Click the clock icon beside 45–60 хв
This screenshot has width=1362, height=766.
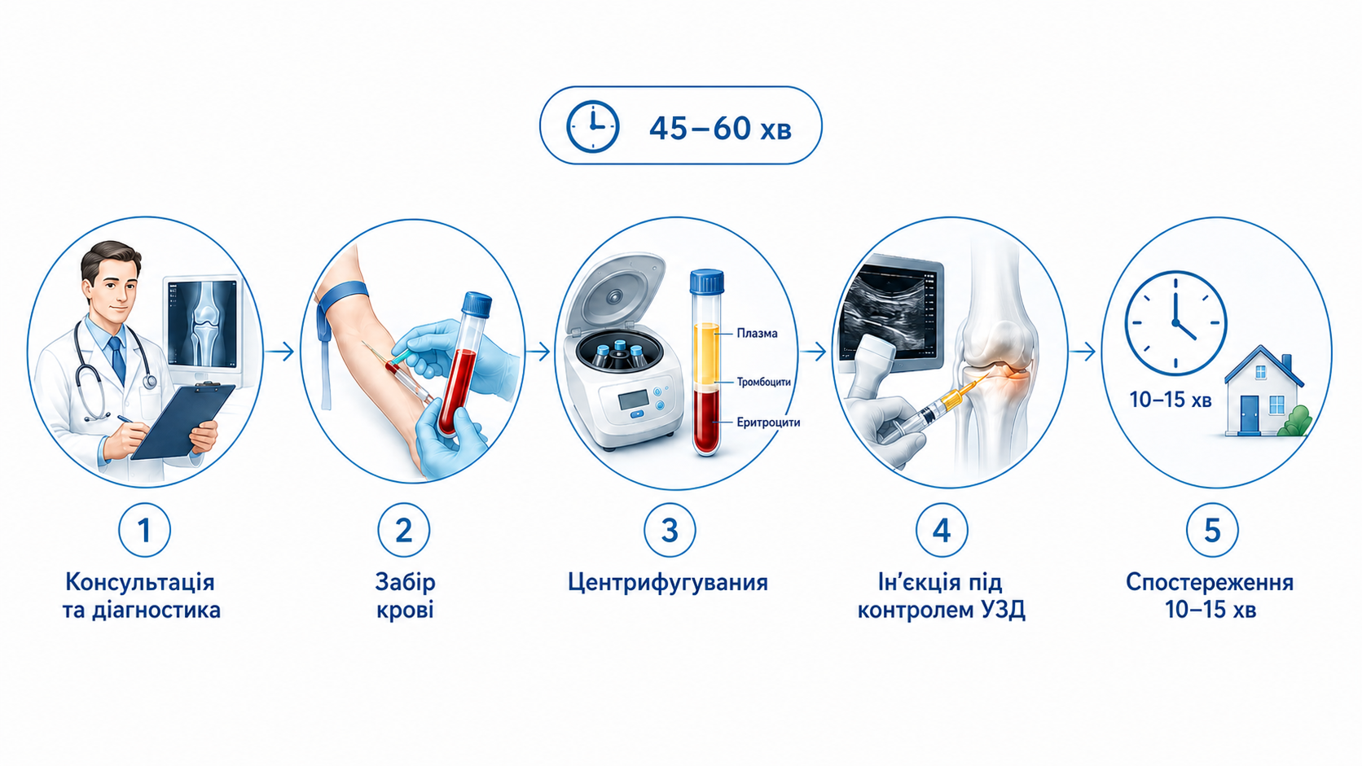click(593, 125)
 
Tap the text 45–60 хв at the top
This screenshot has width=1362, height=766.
click(721, 128)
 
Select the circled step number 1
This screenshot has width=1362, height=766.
click(144, 530)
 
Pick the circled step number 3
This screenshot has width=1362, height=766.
click(670, 530)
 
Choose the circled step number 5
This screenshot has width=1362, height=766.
click(1212, 530)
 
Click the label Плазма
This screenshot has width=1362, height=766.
click(757, 333)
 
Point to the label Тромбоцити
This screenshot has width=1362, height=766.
click(764, 382)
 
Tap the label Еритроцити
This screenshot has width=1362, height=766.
click(768, 422)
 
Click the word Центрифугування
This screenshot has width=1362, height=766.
click(668, 583)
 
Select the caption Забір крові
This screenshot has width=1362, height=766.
click(405, 596)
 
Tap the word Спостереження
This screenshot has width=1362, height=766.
click(1210, 582)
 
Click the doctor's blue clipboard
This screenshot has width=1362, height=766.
click(182, 421)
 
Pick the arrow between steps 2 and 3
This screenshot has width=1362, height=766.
click(538, 351)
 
